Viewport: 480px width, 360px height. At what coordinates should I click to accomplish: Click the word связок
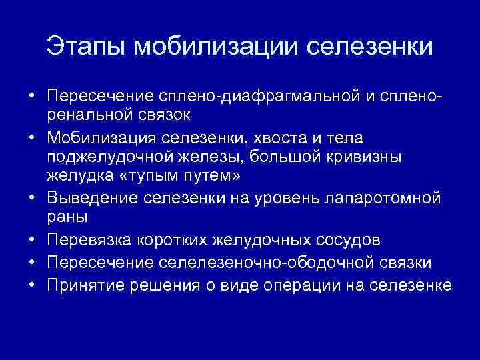point(153,115)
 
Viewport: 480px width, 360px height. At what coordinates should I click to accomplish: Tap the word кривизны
point(375,157)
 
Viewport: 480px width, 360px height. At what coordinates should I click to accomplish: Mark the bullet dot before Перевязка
point(31,239)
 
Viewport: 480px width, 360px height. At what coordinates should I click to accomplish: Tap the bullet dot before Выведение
point(31,198)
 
